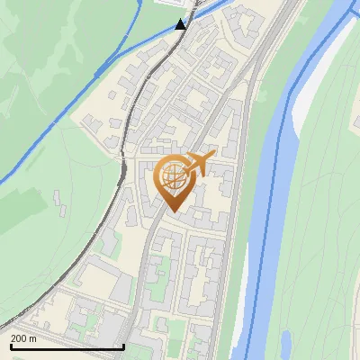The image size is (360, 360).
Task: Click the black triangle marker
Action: point(181,23)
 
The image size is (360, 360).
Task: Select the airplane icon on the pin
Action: point(196,163)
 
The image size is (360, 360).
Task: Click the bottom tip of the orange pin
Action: point(172,211)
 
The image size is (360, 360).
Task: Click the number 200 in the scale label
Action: point(19,338)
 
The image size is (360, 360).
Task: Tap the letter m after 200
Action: point(32,338)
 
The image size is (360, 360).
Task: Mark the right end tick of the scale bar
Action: point(123,346)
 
